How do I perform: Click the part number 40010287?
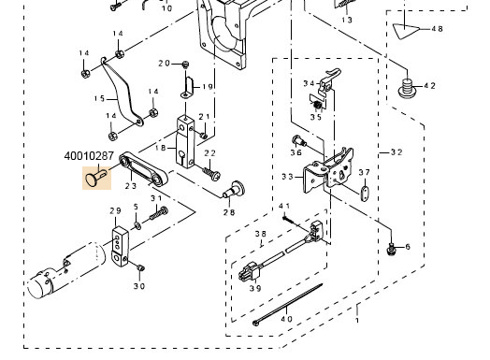pos(89,156)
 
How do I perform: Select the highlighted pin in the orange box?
pos(95,178)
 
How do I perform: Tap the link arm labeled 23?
pos(144,168)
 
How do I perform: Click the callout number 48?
pos(438,29)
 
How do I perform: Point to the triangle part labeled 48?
pos(405,31)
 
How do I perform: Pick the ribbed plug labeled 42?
pos(407,88)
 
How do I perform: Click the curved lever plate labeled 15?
pos(122,93)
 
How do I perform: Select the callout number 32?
pos(396,152)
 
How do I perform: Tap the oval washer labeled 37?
pos(364,194)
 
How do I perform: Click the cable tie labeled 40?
pos(287,305)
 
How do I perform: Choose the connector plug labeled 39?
pos(249,272)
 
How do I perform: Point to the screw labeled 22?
pos(212,173)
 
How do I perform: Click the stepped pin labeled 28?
pos(235,190)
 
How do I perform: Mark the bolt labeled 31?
pos(159,213)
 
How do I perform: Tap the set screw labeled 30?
pos(140,267)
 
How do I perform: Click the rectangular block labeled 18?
pos(185,142)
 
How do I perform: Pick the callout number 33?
pos(287,177)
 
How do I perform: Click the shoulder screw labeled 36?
pos(298,141)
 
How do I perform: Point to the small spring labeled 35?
pos(318,106)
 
